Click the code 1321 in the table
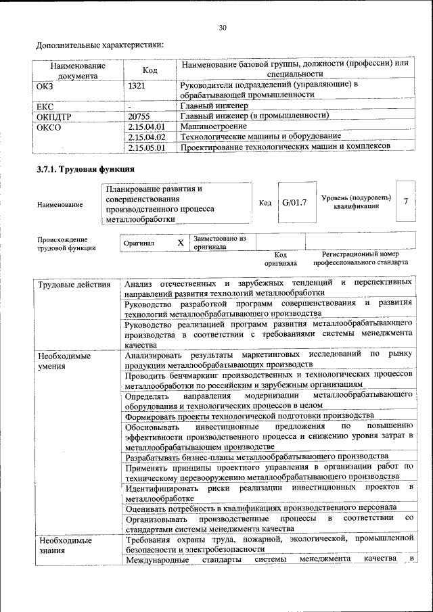point(137,86)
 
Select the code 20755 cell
point(140,116)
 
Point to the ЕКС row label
point(45,105)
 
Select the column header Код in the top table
point(150,70)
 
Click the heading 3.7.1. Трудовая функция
point(85,169)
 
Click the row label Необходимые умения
point(64,360)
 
